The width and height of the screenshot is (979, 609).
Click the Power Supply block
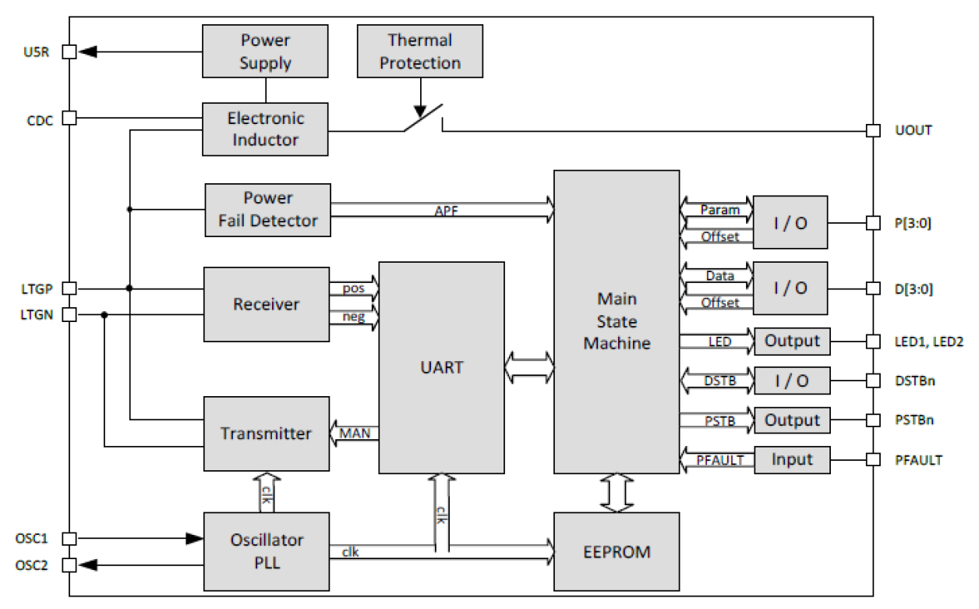pyautogui.click(x=265, y=51)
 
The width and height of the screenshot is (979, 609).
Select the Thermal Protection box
pyautogui.click(x=419, y=51)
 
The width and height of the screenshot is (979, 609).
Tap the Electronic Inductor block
pyautogui.click(x=265, y=129)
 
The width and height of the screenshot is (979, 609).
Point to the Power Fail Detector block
pyautogui.click(x=267, y=210)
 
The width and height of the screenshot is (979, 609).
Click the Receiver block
pyautogui.click(x=266, y=304)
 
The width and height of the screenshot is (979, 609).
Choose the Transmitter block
pyautogui.click(x=266, y=434)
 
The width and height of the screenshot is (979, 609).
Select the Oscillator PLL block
pyautogui.click(x=266, y=551)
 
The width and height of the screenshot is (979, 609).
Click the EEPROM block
pyautogui.click(x=616, y=551)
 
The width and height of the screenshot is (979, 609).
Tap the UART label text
pyautogui.click(x=441, y=366)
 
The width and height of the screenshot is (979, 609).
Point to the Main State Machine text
pyautogui.click(x=616, y=320)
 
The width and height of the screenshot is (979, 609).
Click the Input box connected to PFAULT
pyautogui.click(x=791, y=459)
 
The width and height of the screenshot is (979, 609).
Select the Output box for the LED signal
pyautogui.click(x=791, y=341)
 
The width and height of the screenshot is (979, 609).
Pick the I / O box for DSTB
pyautogui.click(x=791, y=381)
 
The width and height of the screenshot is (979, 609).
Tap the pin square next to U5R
pyautogui.click(x=69, y=52)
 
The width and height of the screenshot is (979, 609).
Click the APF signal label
pyautogui.click(x=446, y=211)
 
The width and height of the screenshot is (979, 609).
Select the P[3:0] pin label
pyautogui.click(x=914, y=223)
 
